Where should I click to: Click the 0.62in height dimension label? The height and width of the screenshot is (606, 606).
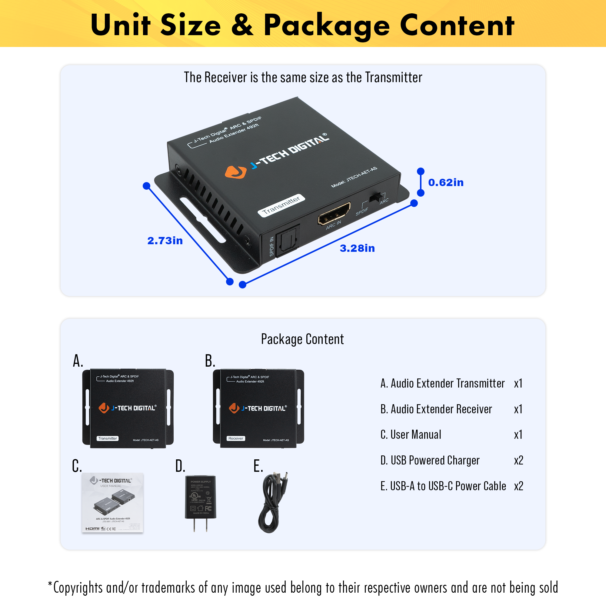(446, 182)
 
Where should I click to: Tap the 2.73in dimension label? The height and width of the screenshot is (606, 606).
(165, 241)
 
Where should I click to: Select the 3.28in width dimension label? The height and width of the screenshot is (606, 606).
(357, 248)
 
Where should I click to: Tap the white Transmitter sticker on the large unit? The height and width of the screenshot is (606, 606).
(281, 205)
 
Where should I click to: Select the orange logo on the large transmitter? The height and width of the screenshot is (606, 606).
(235, 172)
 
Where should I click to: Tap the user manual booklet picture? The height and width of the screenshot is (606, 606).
(113, 502)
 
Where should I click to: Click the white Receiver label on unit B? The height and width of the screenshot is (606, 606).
(236, 438)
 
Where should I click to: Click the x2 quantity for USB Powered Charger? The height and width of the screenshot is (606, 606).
(518, 461)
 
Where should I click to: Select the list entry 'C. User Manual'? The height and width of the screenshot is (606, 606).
(411, 435)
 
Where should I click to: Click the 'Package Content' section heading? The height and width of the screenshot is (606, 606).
(302, 339)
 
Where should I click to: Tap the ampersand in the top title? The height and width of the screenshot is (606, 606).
(242, 25)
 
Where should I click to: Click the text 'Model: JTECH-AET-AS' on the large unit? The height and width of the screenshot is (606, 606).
(354, 178)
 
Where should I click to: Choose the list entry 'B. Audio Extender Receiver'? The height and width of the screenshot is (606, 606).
(436, 409)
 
